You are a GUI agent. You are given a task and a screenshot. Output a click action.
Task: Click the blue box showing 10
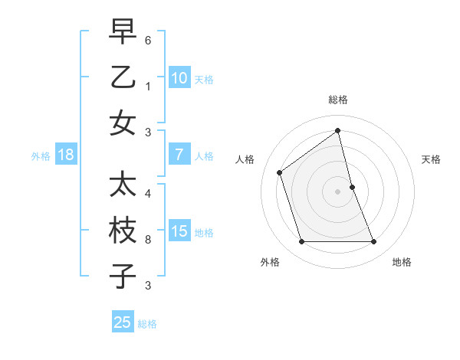pos(179,77)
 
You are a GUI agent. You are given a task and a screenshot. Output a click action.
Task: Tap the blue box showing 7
pos(179,155)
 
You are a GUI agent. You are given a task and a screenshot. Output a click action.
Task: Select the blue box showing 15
pos(179,231)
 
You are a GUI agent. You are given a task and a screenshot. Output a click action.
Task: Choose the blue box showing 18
pos(66,155)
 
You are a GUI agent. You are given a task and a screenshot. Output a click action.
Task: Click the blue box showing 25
pos(123,322)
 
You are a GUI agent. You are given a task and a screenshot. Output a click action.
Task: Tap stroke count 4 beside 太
pos(149,194)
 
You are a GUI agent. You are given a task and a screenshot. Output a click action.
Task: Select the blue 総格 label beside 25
pos(147,324)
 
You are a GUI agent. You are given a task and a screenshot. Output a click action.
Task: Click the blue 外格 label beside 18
pos(41,156)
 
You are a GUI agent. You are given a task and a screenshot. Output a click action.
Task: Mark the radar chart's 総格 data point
pos(337,131)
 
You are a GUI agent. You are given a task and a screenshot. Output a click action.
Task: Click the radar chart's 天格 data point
pos(352,187)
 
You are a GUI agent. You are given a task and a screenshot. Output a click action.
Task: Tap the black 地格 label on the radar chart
pos(402,262)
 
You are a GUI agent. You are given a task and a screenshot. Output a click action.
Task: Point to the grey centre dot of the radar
pos(337,191)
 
